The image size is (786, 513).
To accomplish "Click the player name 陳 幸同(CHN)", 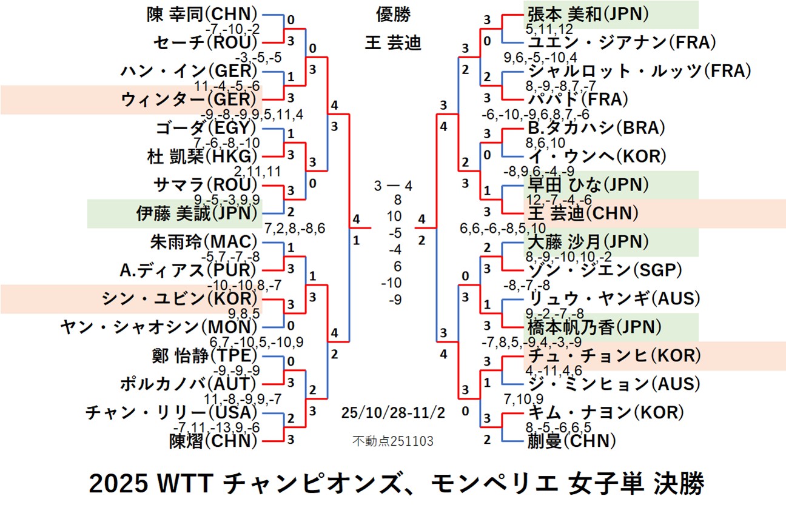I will tap(203, 13).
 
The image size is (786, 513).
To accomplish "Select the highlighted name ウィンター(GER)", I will tap(189, 99).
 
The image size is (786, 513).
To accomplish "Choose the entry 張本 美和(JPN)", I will tap(587, 13).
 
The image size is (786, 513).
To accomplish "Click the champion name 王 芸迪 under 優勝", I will tap(392, 43).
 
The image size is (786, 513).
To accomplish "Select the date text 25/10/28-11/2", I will tap(393, 414).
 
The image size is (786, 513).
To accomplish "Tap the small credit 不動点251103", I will tap(392, 441).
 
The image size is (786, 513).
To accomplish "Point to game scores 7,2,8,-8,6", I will tap(295, 229).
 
